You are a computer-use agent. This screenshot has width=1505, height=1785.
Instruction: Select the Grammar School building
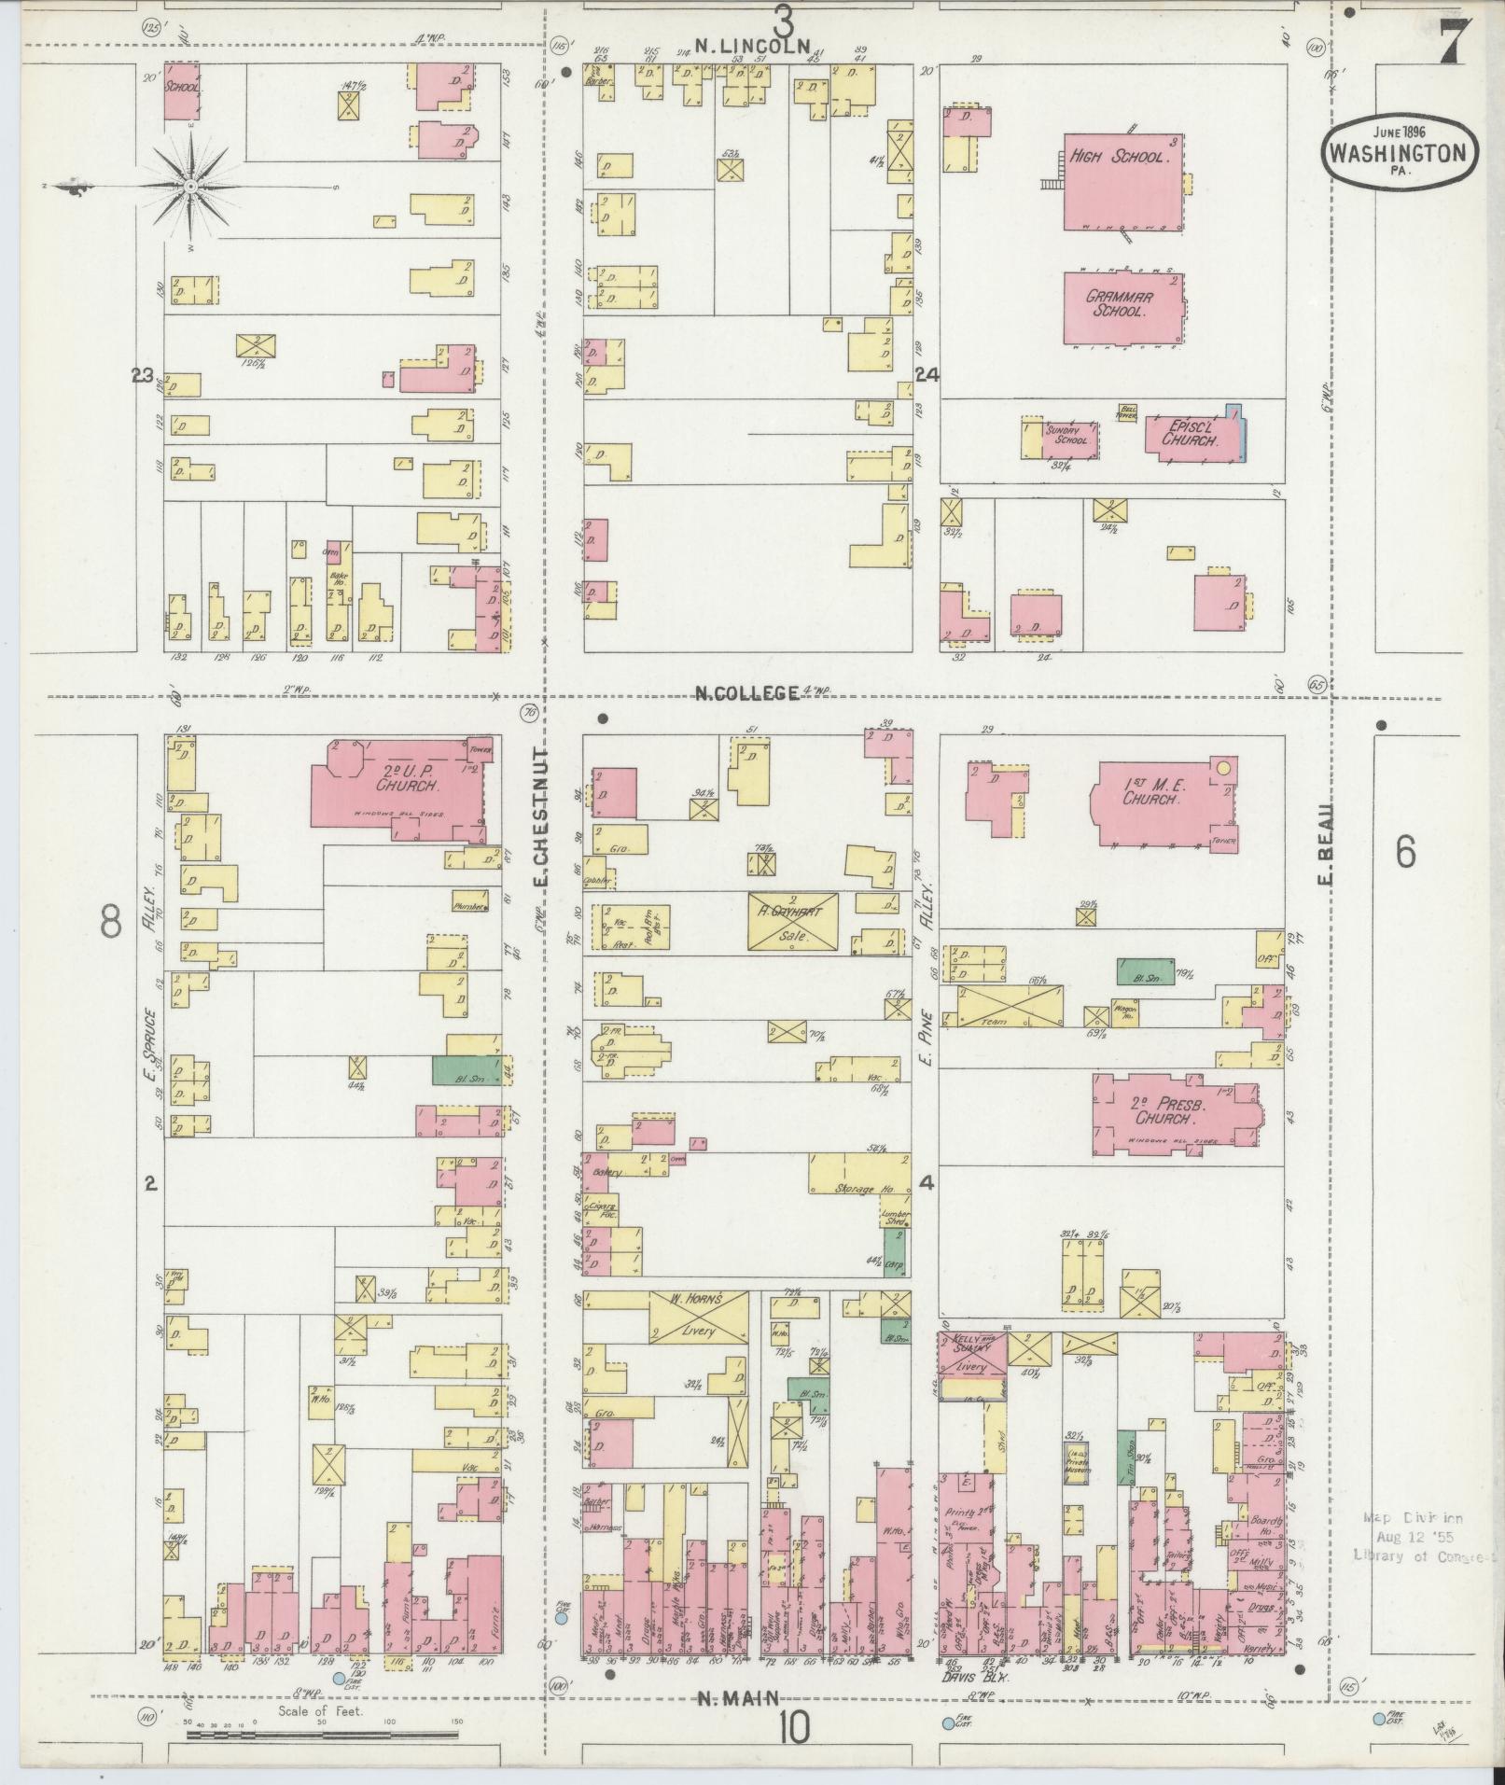pyautogui.click(x=1122, y=308)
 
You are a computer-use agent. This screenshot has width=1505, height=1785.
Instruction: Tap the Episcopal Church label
pyautogui.click(x=1190, y=433)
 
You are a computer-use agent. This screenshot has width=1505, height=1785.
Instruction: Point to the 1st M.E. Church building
pyautogui.click(x=1157, y=801)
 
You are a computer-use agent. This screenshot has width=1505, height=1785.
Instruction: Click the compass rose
pyautogui.click(x=190, y=187)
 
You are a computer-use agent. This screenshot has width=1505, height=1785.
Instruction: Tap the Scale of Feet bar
pyautogui.click(x=322, y=1736)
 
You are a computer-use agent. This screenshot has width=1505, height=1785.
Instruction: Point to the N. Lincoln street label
pyautogui.click(x=746, y=44)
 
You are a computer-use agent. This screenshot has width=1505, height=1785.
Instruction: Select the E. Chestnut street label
pyautogui.click(x=541, y=816)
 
